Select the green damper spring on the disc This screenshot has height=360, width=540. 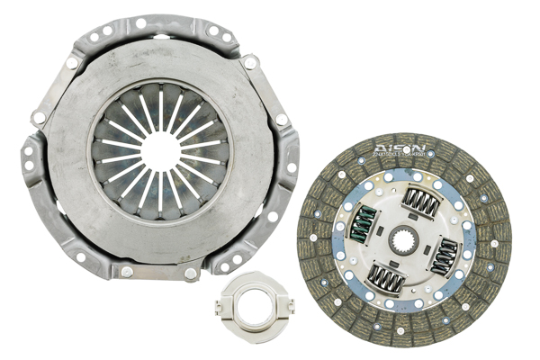(x=362, y=223)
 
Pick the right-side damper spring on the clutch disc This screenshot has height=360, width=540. (x=445, y=256)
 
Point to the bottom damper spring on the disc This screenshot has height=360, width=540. (x=388, y=279)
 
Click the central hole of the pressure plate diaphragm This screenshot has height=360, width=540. (x=160, y=150)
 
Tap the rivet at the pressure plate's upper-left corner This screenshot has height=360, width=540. (x=72, y=62)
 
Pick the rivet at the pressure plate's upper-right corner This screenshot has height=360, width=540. (x=250, y=62)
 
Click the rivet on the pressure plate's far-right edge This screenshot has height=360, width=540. (x=282, y=119)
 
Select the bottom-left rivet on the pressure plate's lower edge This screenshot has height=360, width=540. (x=126, y=271)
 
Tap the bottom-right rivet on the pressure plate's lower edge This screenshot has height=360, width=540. (x=190, y=272)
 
